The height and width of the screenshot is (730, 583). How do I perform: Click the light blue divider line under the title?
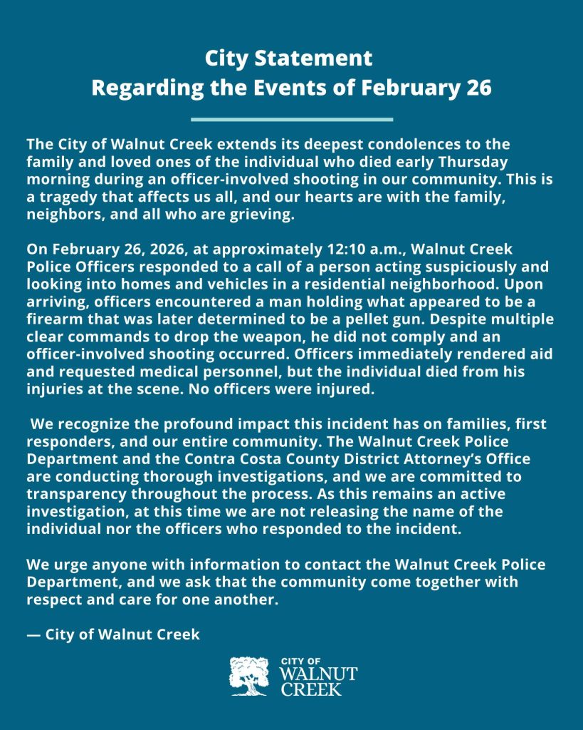coord(292,119)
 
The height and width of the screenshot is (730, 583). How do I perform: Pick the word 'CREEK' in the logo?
coord(312,689)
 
